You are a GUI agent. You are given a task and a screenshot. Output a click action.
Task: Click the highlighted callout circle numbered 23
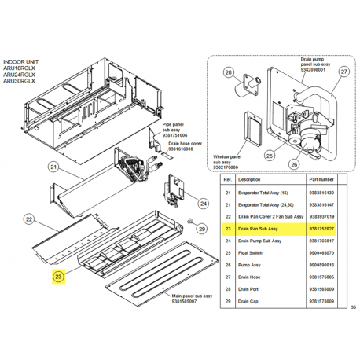click(58, 276)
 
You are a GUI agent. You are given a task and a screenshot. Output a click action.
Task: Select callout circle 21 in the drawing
click(54, 167)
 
